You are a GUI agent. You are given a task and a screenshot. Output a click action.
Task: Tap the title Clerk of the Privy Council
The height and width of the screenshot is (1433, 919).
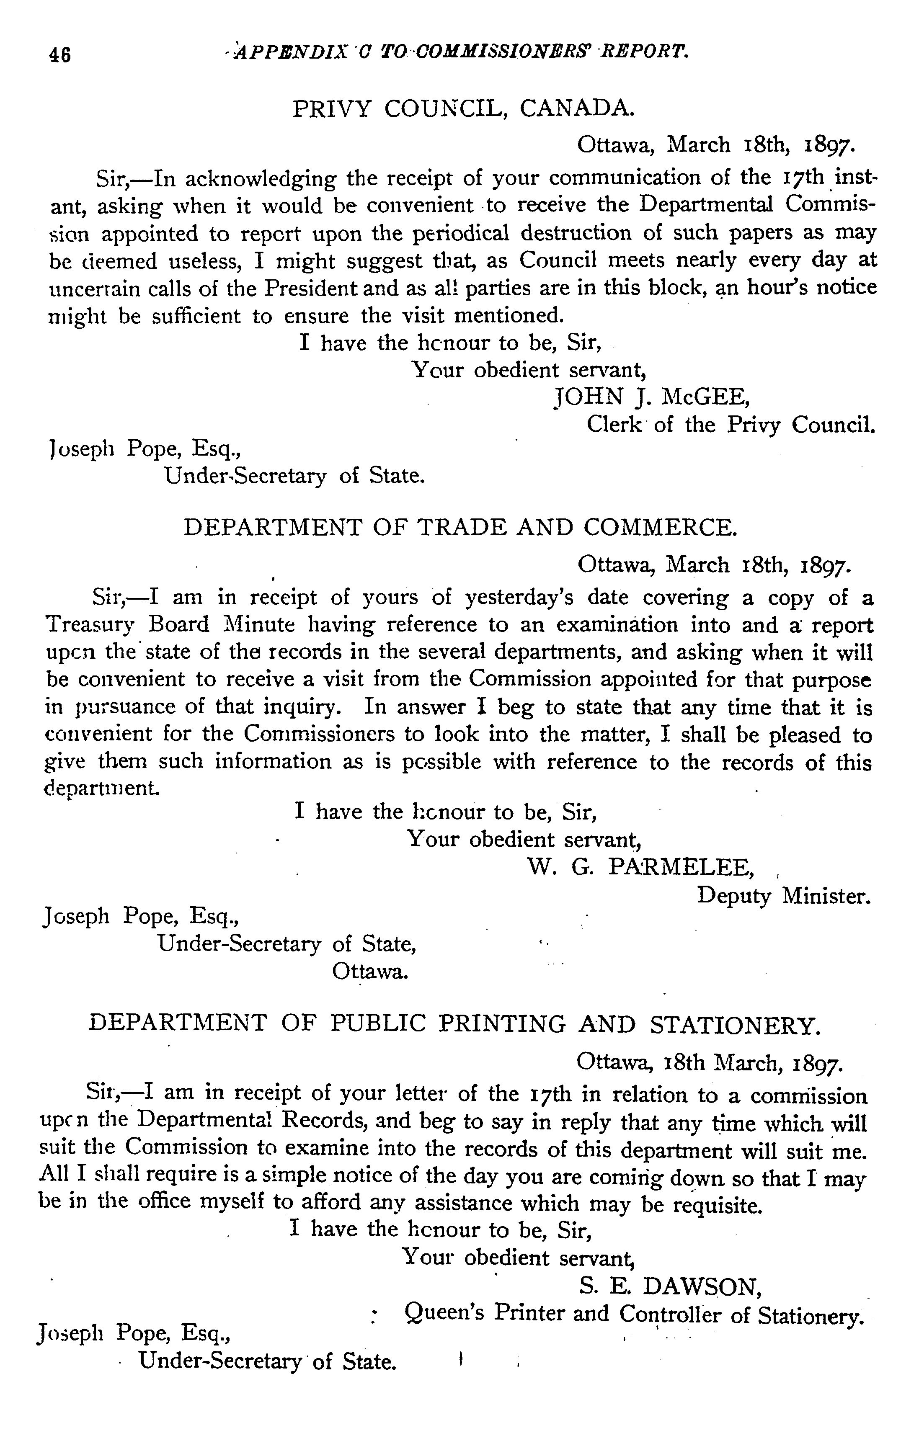click(731, 424)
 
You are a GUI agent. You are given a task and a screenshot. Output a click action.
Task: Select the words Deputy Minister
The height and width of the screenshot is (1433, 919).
click(784, 895)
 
